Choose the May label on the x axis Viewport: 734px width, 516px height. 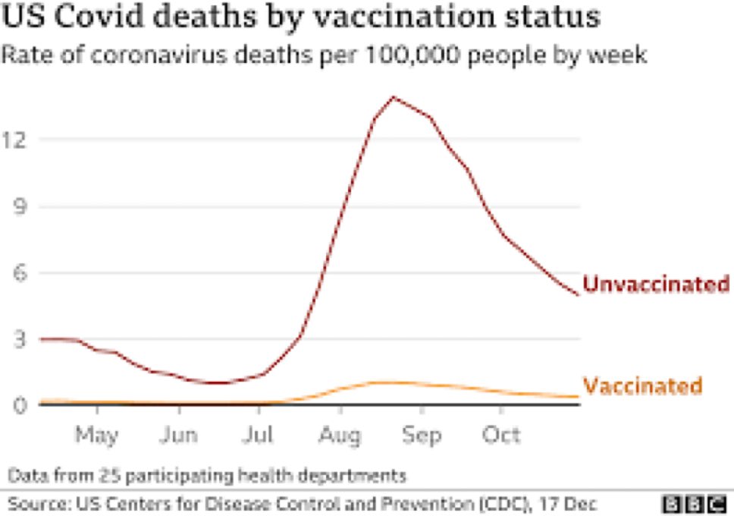point(98,436)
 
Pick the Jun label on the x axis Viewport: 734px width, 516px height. point(179,436)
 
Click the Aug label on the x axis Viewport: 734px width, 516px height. point(340,436)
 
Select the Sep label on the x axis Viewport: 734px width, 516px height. point(422,436)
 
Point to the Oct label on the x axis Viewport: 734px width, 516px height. point(501,436)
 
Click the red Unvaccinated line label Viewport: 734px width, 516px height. point(656,285)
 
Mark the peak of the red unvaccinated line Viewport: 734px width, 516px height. point(393,97)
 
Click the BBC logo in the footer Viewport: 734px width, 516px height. point(695,503)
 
